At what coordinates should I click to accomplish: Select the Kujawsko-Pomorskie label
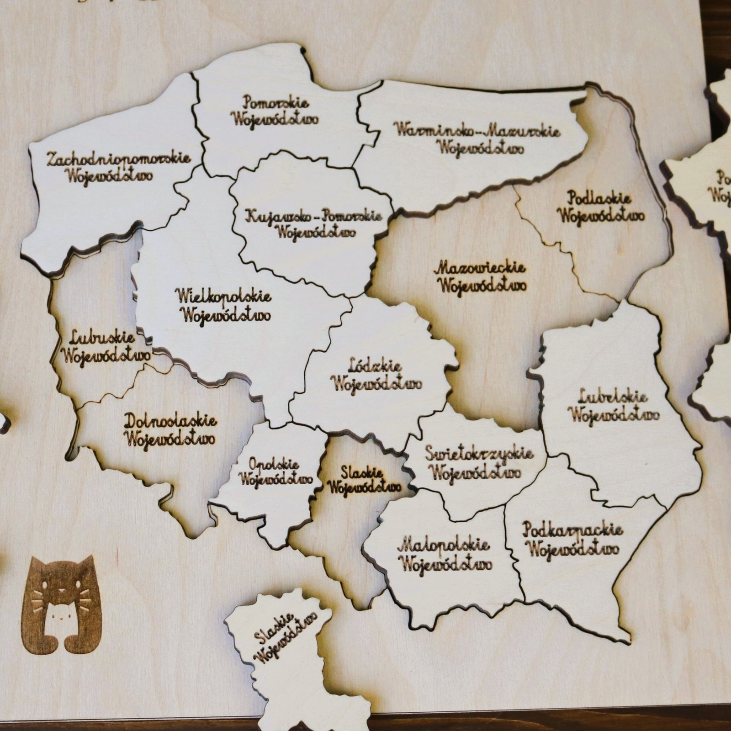313,216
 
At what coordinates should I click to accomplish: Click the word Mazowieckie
480,268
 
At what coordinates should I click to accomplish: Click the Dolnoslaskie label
170,420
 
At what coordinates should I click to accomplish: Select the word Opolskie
274,465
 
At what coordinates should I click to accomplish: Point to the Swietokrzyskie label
479,454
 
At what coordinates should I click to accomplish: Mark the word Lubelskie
612,397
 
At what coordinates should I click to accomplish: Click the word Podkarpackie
572,530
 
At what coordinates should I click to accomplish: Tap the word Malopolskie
444,546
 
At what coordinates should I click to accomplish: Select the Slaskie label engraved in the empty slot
362,471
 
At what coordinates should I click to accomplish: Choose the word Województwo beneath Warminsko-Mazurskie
480,148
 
